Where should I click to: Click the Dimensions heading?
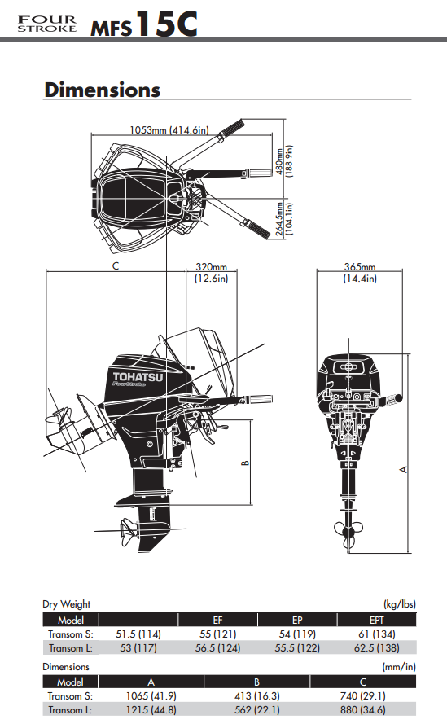(x=102, y=89)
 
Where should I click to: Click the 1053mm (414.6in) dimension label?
(x=169, y=129)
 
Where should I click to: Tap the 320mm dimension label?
(x=211, y=272)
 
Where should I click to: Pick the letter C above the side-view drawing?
(x=116, y=266)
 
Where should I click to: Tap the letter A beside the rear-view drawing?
(x=404, y=470)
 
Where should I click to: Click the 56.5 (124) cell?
(x=217, y=647)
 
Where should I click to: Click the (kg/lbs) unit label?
(x=400, y=604)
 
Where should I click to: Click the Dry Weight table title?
(x=67, y=604)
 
